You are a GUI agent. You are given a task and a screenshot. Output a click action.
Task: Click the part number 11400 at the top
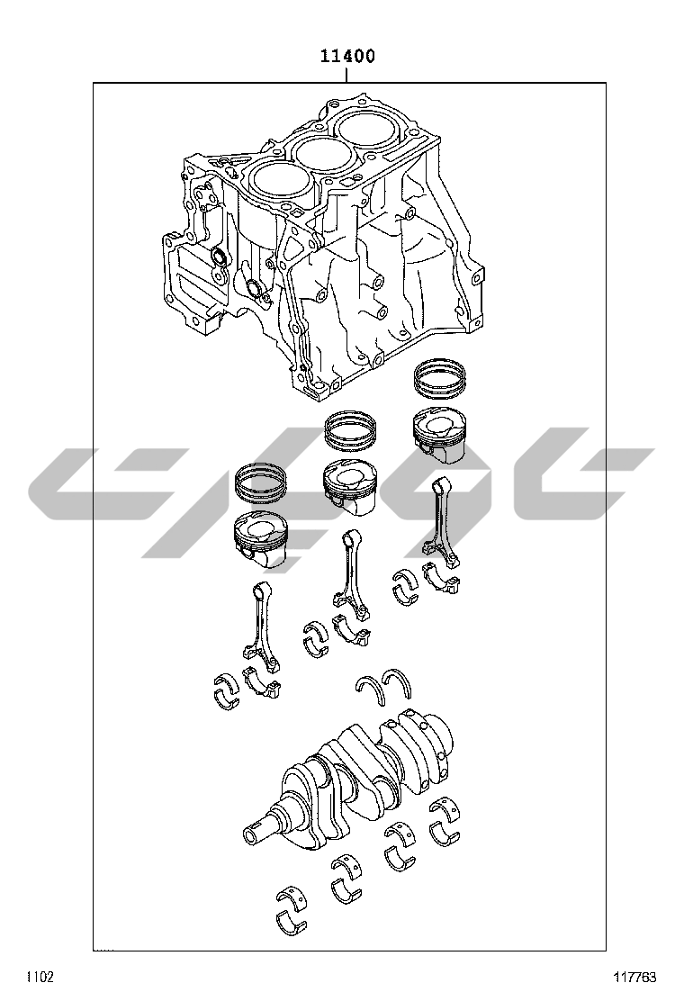[x=347, y=56]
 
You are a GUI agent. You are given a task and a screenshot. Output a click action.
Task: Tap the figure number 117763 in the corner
[x=634, y=977]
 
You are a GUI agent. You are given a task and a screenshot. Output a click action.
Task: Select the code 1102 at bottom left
[x=40, y=977]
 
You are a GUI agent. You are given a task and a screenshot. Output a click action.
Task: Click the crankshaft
[x=351, y=776]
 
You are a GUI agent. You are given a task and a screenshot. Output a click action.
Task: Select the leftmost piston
[x=262, y=539]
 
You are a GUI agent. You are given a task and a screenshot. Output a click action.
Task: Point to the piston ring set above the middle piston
[x=352, y=428]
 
